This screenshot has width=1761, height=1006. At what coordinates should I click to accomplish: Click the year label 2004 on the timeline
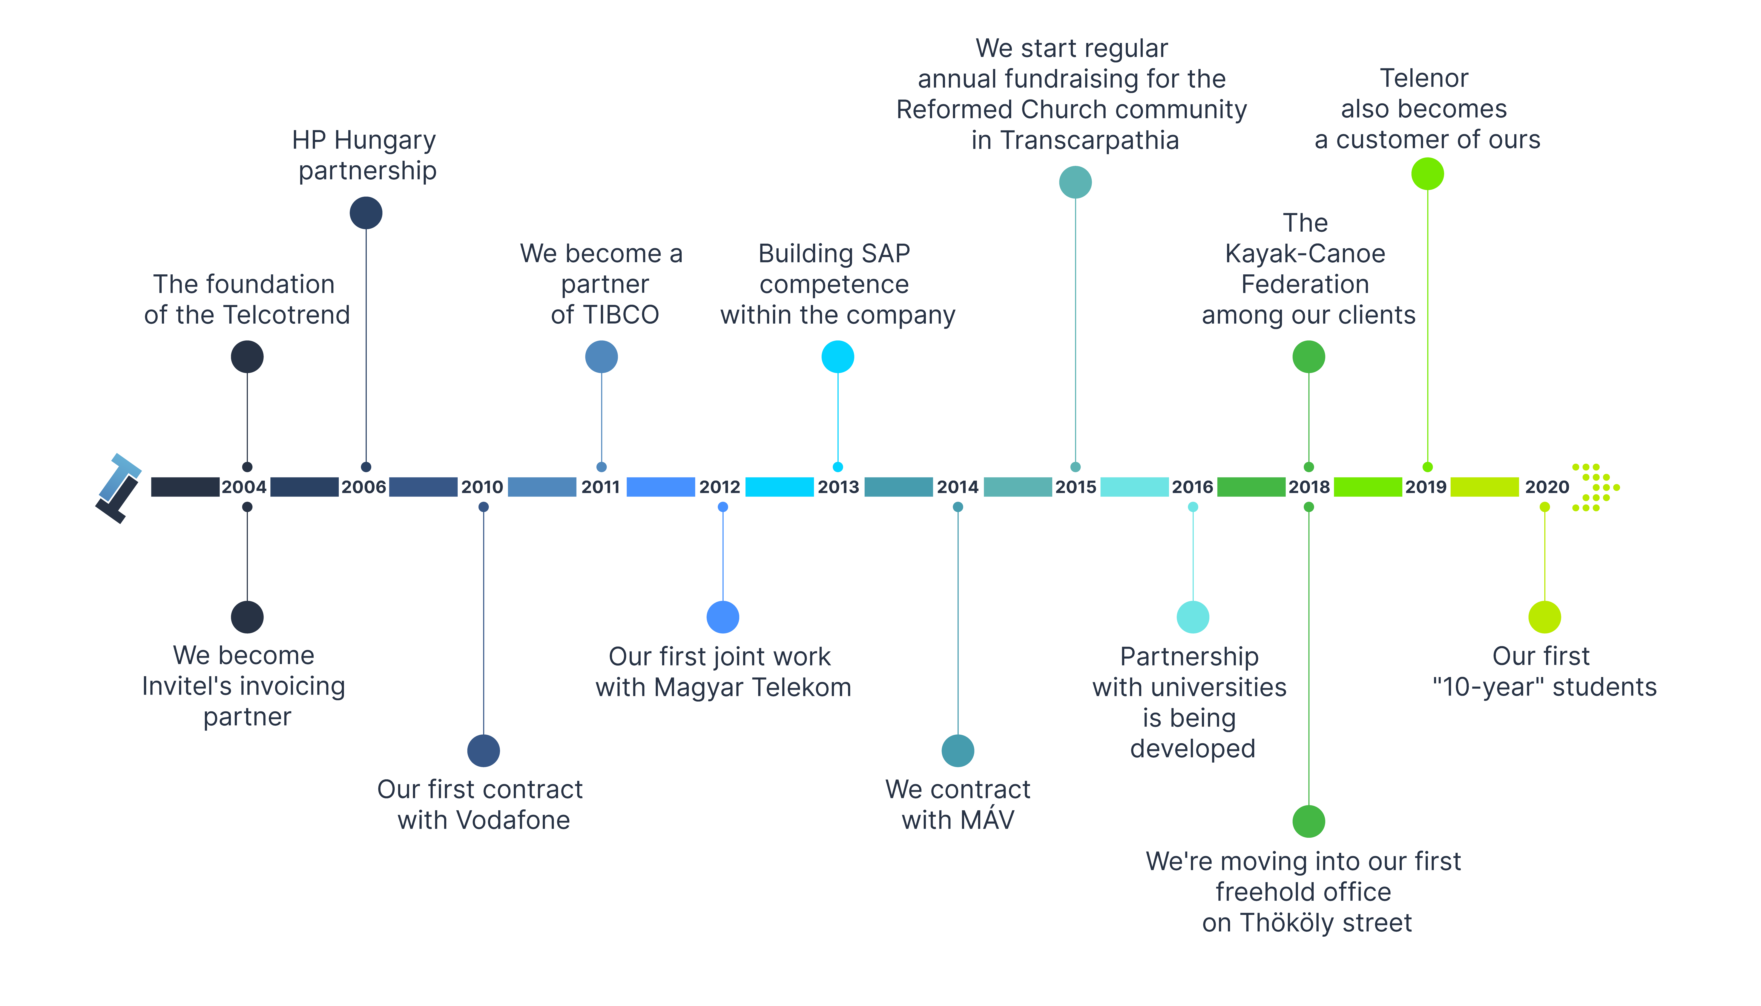(244, 487)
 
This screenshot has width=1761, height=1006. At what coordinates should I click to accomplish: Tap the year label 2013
(838, 487)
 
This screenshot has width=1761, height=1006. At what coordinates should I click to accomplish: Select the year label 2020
(1547, 487)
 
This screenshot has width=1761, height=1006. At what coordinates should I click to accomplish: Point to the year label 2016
(1192, 487)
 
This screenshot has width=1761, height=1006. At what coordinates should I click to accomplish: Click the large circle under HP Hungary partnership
(366, 213)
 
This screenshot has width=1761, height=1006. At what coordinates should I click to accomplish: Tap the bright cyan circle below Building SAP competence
(838, 357)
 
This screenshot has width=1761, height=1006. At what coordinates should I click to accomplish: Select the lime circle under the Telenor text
(1428, 173)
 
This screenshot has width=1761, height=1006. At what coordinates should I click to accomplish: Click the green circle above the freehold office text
(1309, 821)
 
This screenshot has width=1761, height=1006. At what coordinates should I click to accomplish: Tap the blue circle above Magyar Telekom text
(723, 617)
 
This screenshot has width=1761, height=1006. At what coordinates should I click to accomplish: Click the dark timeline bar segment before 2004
(185, 487)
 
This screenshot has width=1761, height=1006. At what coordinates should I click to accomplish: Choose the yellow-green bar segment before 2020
(1485, 487)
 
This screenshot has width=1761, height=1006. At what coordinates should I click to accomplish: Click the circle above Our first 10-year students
(1545, 617)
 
